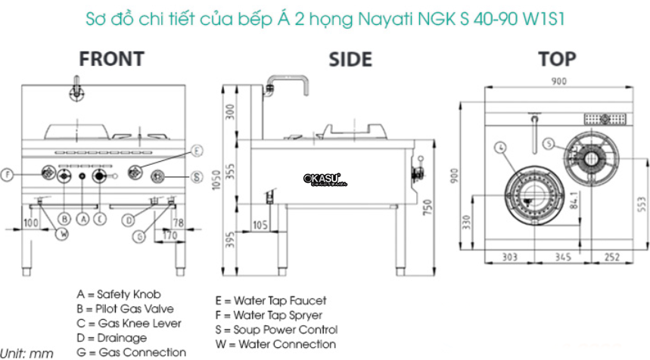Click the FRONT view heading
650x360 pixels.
click(x=111, y=58)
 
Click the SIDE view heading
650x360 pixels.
click(x=350, y=60)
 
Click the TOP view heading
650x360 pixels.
click(x=557, y=58)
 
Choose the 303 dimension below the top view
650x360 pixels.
click(x=510, y=258)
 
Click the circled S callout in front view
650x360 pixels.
click(x=195, y=178)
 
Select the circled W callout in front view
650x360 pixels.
click(x=63, y=233)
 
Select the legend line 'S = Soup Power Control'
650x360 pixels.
click(x=275, y=330)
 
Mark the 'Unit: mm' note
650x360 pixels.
click(x=26, y=352)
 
